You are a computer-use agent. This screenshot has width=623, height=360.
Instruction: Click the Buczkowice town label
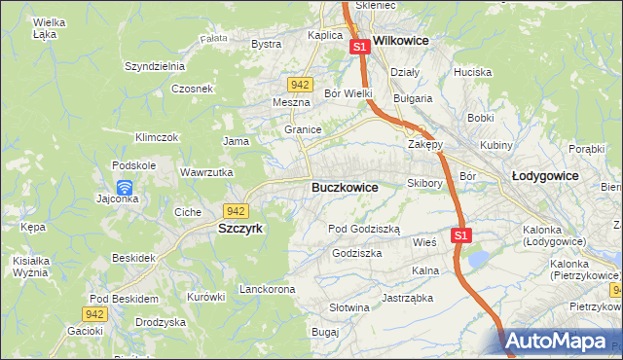(344, 187)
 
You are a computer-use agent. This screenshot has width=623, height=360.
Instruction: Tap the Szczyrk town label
(237, 229)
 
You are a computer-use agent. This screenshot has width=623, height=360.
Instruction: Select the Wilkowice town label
(401, 43)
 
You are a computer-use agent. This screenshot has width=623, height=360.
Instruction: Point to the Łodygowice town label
(545, 176)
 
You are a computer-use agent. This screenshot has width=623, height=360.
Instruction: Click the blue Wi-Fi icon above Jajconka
(124, 187)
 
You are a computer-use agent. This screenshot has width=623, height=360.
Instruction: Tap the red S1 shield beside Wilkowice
(359, 46)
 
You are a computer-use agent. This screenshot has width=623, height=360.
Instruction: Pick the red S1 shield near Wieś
(461, 235)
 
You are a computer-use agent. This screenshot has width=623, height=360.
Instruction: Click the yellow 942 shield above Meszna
(301, 85)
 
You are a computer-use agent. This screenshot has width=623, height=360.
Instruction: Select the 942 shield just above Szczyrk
(234, 210)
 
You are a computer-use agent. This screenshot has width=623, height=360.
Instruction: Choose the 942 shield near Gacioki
(93, 313)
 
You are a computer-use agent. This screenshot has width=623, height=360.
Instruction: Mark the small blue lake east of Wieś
(478, 258)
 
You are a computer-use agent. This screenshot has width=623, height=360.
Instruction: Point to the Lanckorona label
(267, 290)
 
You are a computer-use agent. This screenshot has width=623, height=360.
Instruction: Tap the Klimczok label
(157, 138)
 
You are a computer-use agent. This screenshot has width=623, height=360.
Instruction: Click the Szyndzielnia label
(154, 66)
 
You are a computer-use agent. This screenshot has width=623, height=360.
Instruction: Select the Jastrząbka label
(407, 298)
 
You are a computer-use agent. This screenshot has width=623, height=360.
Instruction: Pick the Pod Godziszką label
(364, 228)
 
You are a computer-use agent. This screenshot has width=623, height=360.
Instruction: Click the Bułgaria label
(412, 98)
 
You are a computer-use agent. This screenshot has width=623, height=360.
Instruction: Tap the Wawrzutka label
(206, 172)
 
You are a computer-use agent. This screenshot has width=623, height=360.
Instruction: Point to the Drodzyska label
(161, 322)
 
